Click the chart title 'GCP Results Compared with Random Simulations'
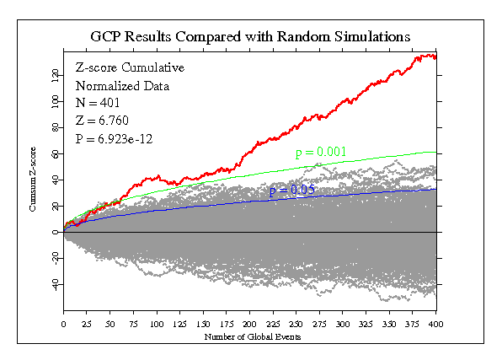(x=251, y=37)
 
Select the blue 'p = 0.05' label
(x=291, y=191)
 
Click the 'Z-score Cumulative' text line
(x=130, y=67)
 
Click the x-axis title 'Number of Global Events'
(x=249, y=336)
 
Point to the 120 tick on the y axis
(x=55, y=75)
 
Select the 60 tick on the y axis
(x=55, y=153)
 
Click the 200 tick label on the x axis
(x=249, y=324)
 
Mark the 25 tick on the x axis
(x=87, y=324)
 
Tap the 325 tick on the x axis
(x=366, y=324)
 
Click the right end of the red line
(x=435, y=56)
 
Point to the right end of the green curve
(x=435, y=152)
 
